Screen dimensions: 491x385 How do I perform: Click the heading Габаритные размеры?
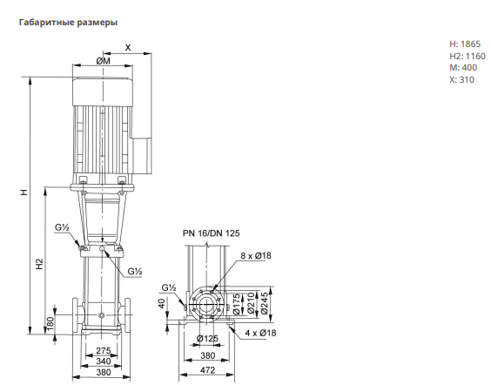[x=68, y=23]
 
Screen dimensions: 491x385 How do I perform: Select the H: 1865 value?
[x=465, y=44]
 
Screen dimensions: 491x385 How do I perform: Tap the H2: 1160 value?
[x=467, y=56]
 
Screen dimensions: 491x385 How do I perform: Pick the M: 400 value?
[x=463, y=68]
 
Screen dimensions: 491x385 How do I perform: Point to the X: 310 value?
[x=462, y=79]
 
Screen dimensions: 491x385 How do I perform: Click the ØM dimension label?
[x=103, y=61]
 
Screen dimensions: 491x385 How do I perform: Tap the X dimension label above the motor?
[x=128, y=48]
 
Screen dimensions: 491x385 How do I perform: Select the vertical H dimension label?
[x=24, y=192]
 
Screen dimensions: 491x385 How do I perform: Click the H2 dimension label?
[x=39, y=264]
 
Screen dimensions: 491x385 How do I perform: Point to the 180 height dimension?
[x=50, y=323]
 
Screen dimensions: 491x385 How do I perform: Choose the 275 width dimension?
[x=104, y=350]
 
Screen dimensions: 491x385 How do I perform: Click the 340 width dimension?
[x=104, y=361]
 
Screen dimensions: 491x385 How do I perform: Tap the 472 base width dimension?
[x=207, y=370]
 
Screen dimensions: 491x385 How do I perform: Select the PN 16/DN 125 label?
[x=211, y=233]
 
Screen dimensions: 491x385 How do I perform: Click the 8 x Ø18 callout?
[x=256, y=255]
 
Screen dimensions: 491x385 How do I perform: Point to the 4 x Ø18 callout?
[x=260, y=333]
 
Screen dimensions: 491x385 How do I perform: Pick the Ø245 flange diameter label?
[x=265, y=303]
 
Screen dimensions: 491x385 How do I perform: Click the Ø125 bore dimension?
[x=207, y=339]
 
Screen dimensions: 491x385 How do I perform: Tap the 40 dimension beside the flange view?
[x=162, y=303]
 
